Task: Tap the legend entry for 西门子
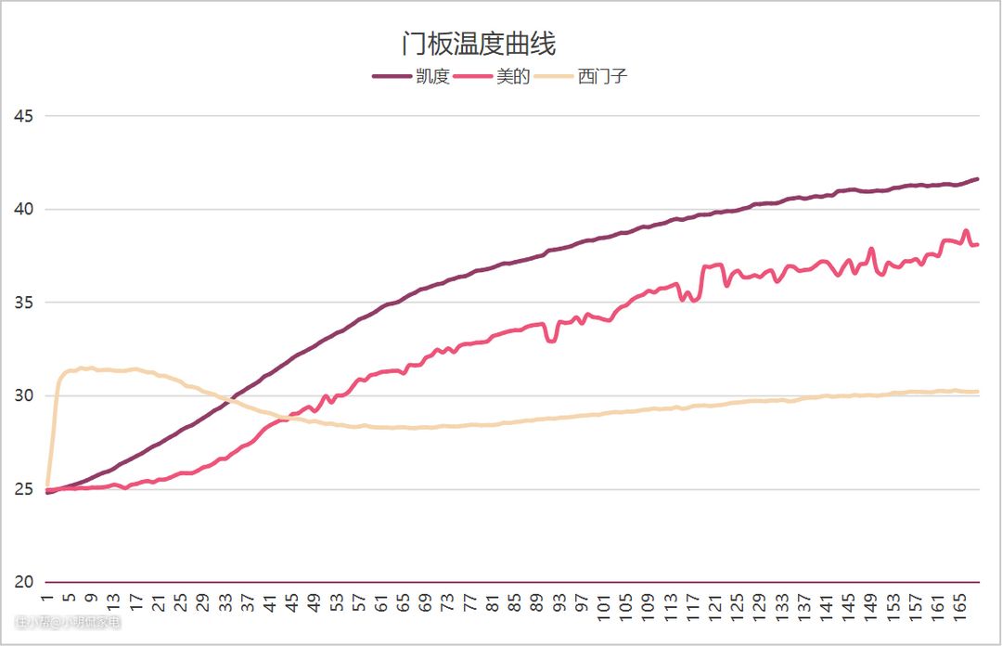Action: click(x=603, y=77)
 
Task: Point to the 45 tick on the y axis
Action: click(x=24, y=116)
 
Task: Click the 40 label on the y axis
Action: click(x=24, y=210)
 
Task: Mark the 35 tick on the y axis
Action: click(x=24, y=303)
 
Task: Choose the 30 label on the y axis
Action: click(x=24, y=396)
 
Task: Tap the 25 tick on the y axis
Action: click(x=24, y=489)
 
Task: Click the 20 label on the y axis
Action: click(x=24, y=582)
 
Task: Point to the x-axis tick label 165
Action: click(x=965, y=608)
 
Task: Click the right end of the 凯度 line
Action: click(x=977, y=179)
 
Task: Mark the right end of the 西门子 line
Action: click(x=977, y=392)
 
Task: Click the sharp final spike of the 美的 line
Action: click(x=966, y=231)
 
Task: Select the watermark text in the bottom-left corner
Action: click(x=67, y=623)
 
